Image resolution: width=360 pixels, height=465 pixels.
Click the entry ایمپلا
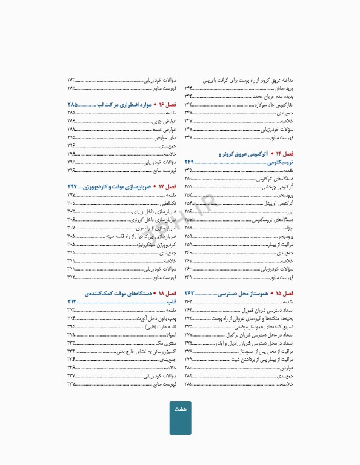[171, 334]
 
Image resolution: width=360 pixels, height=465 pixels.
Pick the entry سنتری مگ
[167, 343]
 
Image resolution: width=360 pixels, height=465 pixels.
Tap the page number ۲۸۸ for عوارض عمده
[72, 130]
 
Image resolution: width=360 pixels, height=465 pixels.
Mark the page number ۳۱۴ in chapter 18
[72, 318]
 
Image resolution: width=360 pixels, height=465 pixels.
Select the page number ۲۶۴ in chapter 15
[188, 310]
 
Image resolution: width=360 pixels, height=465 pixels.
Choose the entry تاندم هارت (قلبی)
[161, 326]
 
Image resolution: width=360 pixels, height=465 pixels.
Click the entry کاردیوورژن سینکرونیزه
[157, 244]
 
